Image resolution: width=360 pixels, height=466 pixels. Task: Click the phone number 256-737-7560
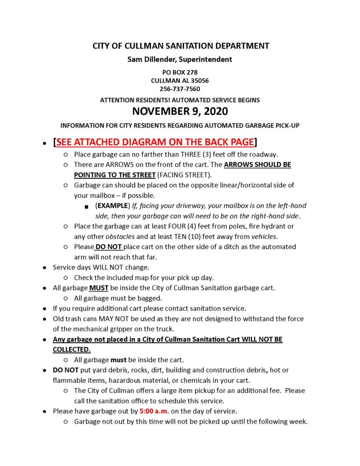pyautogui.click(x=180, y=89)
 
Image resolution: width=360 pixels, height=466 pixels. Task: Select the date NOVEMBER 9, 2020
pyautogui.click(x=180, y=111)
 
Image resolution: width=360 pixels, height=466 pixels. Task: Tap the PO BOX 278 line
pyautogui.click(x=180, y=72)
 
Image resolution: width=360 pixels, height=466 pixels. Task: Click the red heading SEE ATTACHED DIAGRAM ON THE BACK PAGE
pyautogui.click(x=155, y=142)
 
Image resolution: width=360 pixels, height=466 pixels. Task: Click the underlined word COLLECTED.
pyautogui.click(x=71, y=349)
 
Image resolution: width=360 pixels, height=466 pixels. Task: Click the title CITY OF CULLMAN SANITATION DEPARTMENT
pyautogui.click(x=181, y=46)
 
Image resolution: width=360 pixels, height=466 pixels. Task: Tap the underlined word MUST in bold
pyautogui.click(x=99, y=288)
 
